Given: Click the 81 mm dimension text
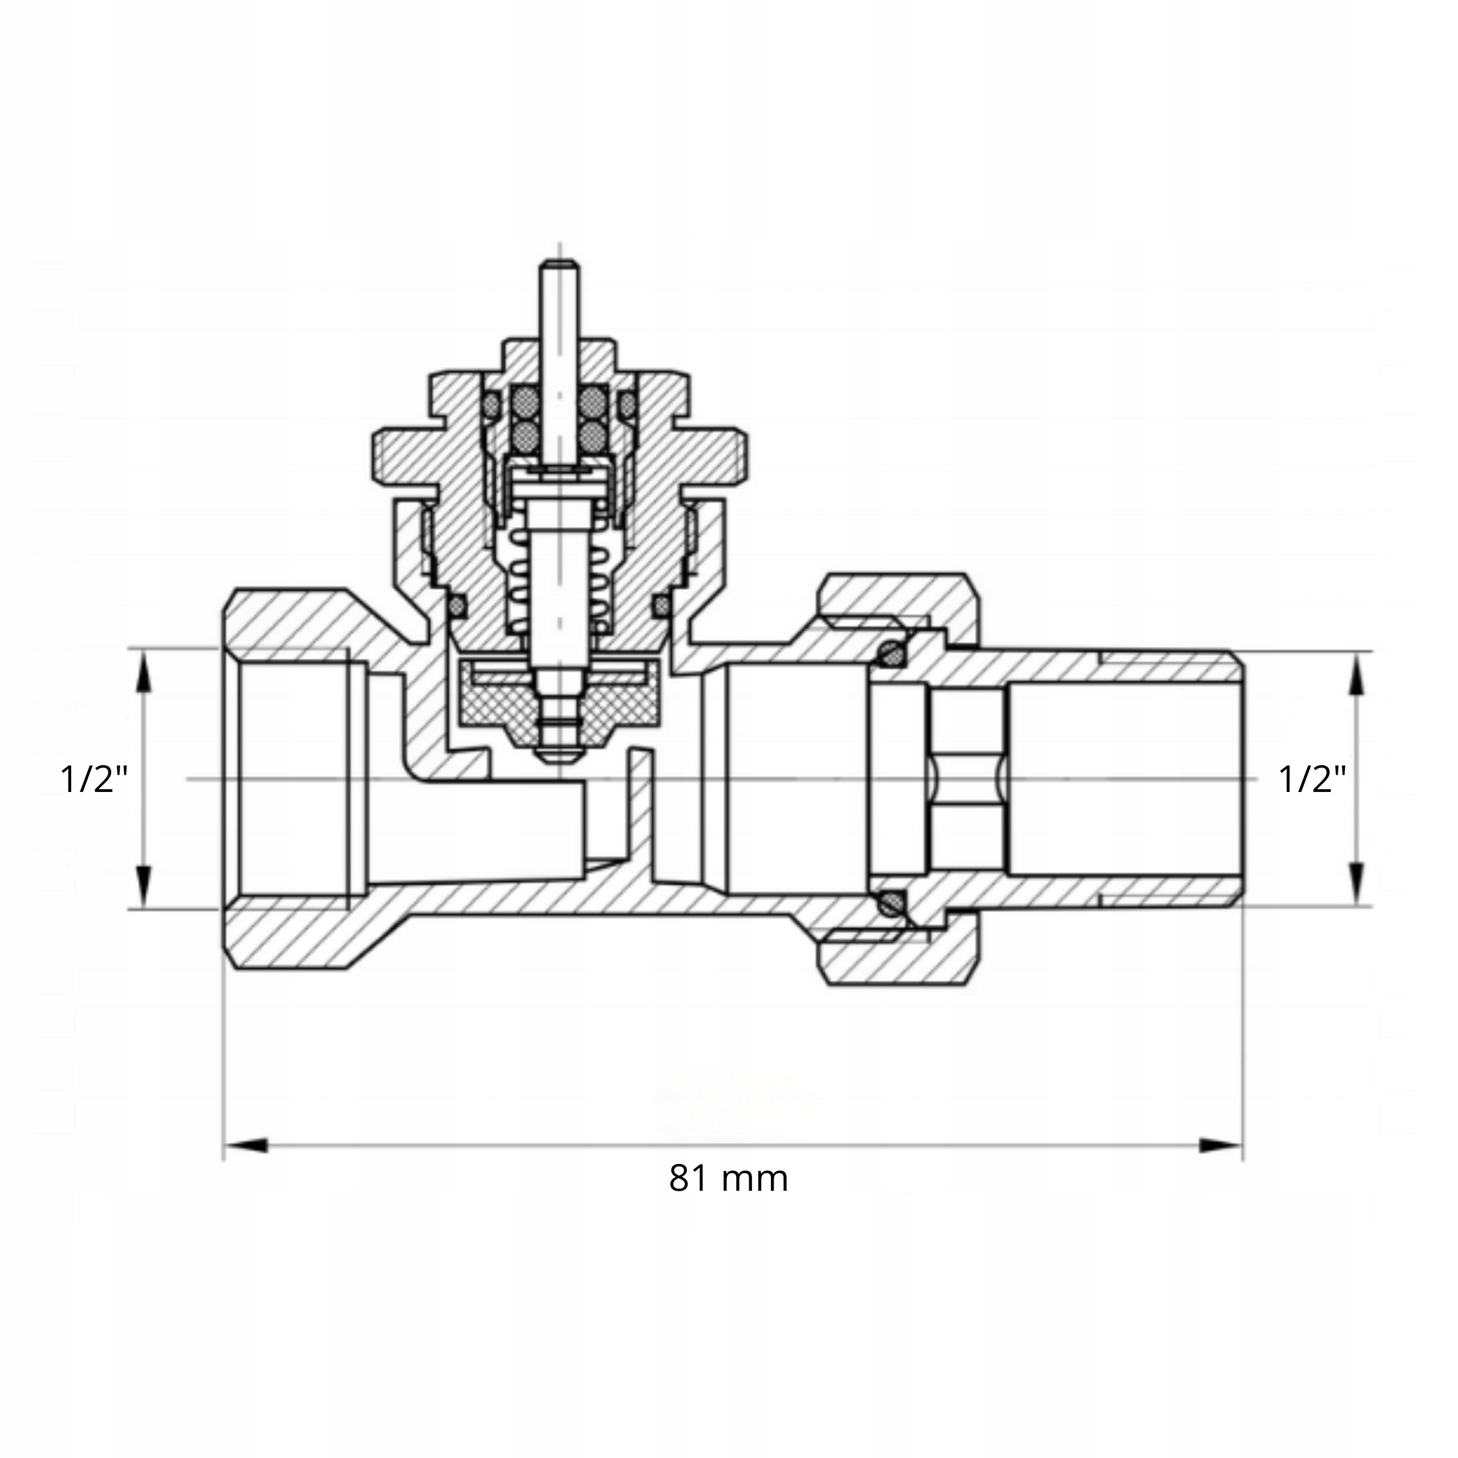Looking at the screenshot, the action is click(728, 1178).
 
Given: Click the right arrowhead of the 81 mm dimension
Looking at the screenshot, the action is click(1220, 1146).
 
